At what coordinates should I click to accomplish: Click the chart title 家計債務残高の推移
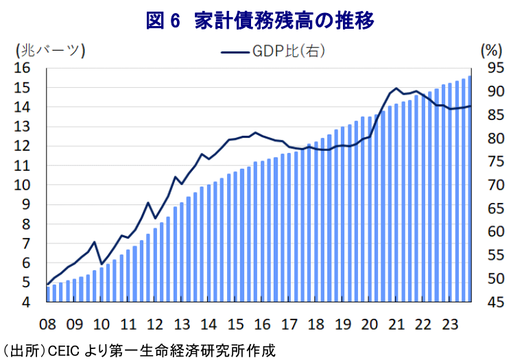click(285, 23)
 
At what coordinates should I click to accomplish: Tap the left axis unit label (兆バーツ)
click(49, 50)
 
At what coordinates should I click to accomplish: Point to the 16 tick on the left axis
click(23, 68)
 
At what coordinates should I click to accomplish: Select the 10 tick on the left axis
click(23, 185)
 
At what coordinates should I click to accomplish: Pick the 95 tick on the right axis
click(492, 68)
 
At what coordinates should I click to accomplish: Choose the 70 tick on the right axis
click(492, 185)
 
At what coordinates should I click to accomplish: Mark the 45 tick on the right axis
click(492, 302)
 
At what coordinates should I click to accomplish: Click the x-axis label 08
click(47, 324)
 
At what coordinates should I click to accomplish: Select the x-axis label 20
click(370, 324)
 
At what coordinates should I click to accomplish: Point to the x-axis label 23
click(451, 324)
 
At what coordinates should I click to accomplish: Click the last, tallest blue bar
click(470, 189)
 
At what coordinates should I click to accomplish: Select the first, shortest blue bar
click(48, 293)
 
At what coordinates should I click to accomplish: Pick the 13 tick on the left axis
click(23, 126)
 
